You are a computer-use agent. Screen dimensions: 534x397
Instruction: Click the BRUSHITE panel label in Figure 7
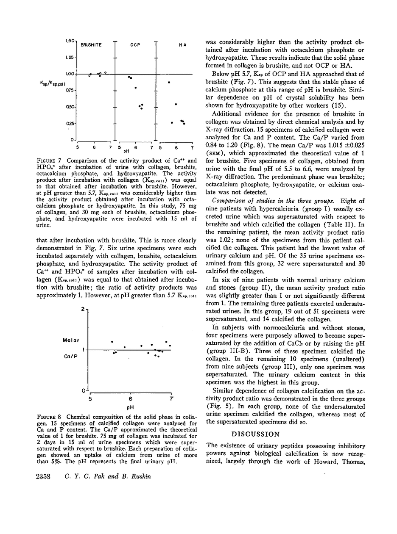point(91,44)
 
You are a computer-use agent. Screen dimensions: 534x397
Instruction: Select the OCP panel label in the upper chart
point(135,44)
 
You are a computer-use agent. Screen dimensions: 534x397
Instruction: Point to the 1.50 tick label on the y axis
point(70,41)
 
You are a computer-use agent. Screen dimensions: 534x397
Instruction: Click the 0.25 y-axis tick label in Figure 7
point(70,123)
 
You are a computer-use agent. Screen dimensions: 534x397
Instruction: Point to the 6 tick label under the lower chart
point(131,398)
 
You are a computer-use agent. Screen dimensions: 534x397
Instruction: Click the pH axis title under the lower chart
point(131,408)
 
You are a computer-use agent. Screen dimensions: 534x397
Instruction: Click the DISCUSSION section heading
point(255,434)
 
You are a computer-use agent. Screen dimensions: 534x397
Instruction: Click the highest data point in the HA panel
point(169,82)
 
